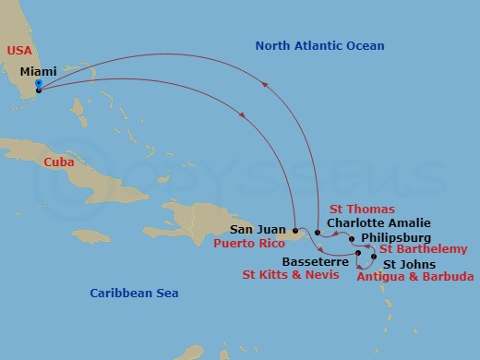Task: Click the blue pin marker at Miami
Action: pyautogui.click(x=37, y=85)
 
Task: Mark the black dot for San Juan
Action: pyautogui.click(x=294, y=230)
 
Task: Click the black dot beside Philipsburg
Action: pyautogui.click(x=353, y=237)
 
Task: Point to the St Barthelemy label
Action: pyautogui.click(x=423, y=249)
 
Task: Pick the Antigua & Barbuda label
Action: pyautogui.click(x=415, y=276)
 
